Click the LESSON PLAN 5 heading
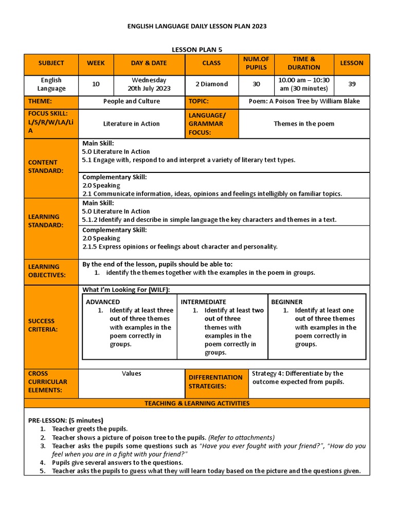(197, 49)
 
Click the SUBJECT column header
(51, 63)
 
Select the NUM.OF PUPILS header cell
(256, 63)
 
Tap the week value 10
(96, 84)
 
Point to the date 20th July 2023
(149, 89)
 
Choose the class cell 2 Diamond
(211, 84)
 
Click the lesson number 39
(351, 84)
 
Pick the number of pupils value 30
(256, 84)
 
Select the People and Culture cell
(131, 101)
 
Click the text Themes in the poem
(304, 124)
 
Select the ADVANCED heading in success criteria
(103, 302)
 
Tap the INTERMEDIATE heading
(203, 302)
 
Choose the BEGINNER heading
(287, 302)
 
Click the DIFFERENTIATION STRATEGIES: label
(216, 382)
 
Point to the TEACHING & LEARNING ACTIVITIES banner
(197, 403)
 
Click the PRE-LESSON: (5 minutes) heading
(65, 420)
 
